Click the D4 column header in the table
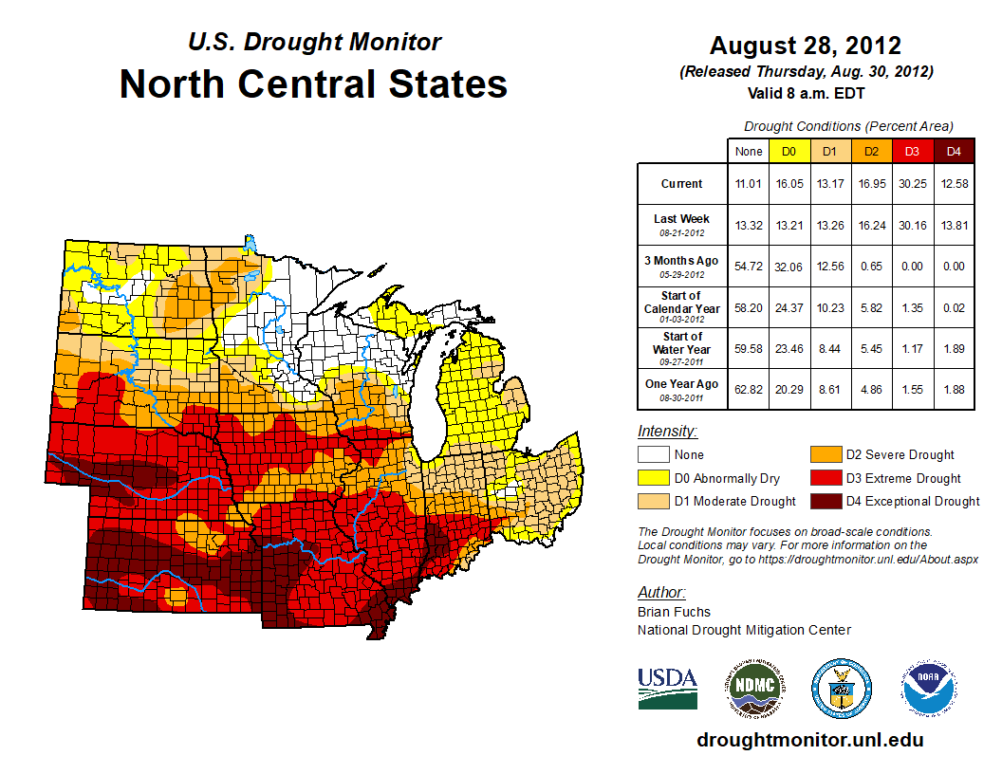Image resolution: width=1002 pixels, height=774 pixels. click(954, 151)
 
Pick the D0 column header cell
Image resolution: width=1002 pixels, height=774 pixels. click(789, 151)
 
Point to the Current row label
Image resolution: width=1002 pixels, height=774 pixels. click(682, 184)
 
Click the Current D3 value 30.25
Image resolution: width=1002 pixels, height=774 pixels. click(912, 184)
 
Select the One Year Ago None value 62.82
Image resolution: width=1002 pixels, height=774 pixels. click(748, 389)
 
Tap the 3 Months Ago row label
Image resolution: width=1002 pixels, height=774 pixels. click(682, 266)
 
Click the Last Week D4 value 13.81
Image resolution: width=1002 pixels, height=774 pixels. click(954, 225)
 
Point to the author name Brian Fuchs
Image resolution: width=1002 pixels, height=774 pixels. click(674, 612)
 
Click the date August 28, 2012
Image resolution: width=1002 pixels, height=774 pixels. click(805, 46)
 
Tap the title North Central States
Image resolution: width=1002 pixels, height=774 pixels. click(313, 83)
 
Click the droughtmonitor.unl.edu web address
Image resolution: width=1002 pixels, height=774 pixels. click(809, 740)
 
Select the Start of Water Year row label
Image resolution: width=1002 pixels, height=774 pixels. click(682, 348)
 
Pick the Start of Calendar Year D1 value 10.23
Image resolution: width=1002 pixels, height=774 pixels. click(829, 306)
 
